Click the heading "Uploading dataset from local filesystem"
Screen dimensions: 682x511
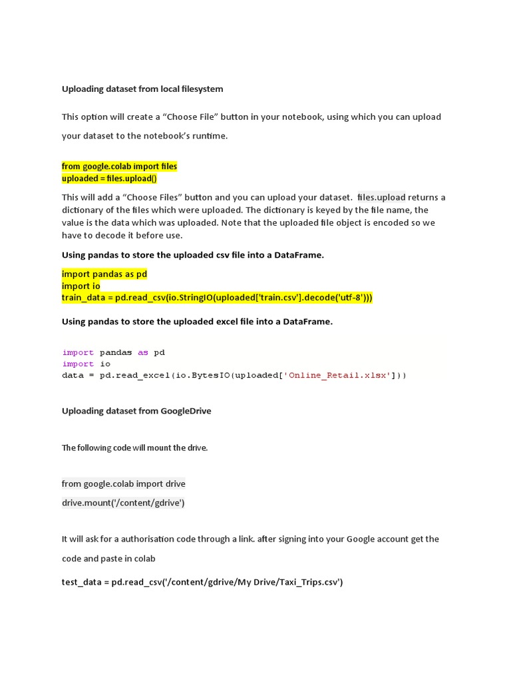point(142,89)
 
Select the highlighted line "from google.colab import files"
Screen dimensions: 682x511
point(120,166)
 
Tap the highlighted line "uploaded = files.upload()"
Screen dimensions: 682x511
point(109,178)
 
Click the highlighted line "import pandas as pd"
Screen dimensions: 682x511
point(104,274)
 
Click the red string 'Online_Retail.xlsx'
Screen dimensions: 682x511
point(337,375)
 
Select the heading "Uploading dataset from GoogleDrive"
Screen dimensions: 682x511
point(136,411)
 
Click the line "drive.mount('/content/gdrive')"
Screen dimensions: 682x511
point(123,503)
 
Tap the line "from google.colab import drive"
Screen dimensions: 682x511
point(124,484)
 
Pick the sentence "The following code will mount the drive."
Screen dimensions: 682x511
point(135,448)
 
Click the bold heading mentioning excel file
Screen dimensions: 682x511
point(197,322)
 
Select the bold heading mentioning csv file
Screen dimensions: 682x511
point(193,255)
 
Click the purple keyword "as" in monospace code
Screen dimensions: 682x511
point(143,352)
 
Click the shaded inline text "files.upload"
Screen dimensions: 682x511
point(381,197)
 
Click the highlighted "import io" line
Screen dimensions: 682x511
point(81,286)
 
